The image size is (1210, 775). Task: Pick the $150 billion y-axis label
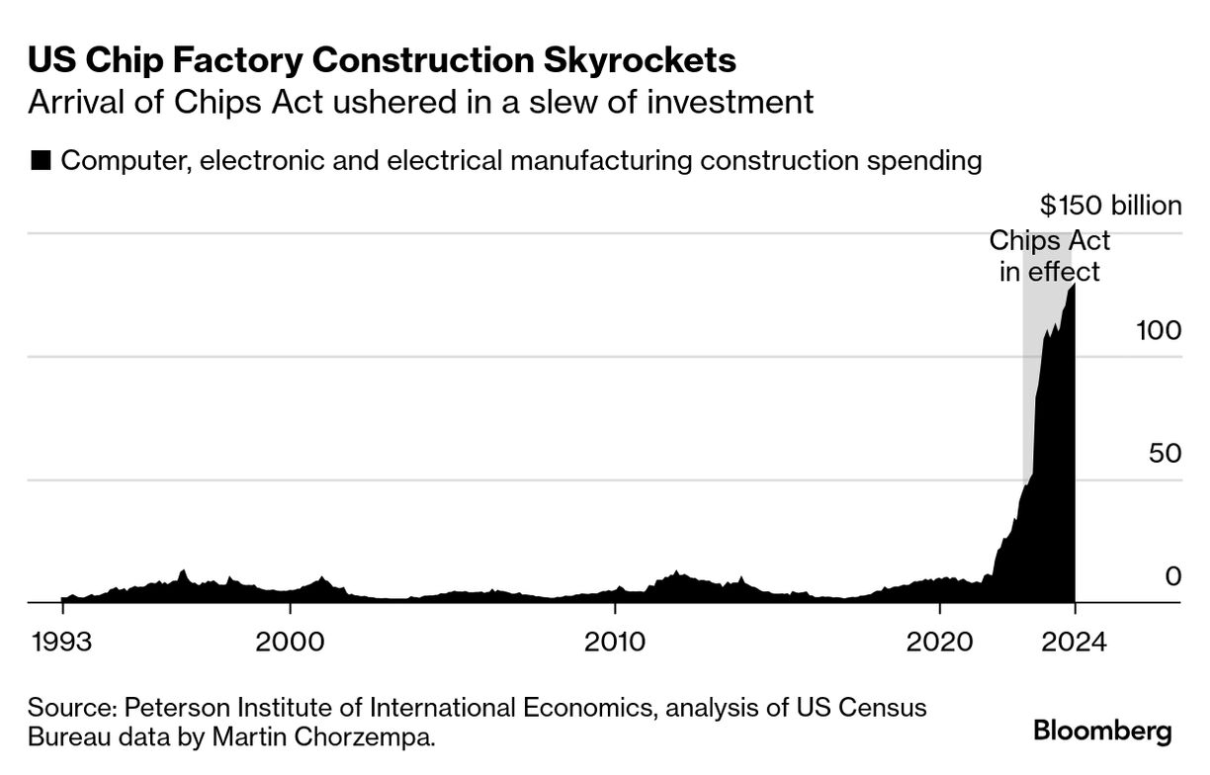click(1110, 206)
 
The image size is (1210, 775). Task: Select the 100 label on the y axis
click(1159, 330)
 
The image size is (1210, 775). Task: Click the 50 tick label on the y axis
click(1165, 454)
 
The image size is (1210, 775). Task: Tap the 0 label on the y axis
click(1173, 575)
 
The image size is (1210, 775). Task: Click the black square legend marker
click(42, 161)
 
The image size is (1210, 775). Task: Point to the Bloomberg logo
click(1102, 732)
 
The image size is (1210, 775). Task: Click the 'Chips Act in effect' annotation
click(1050, 256)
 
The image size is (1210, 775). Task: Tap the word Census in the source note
click(877, 708)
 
